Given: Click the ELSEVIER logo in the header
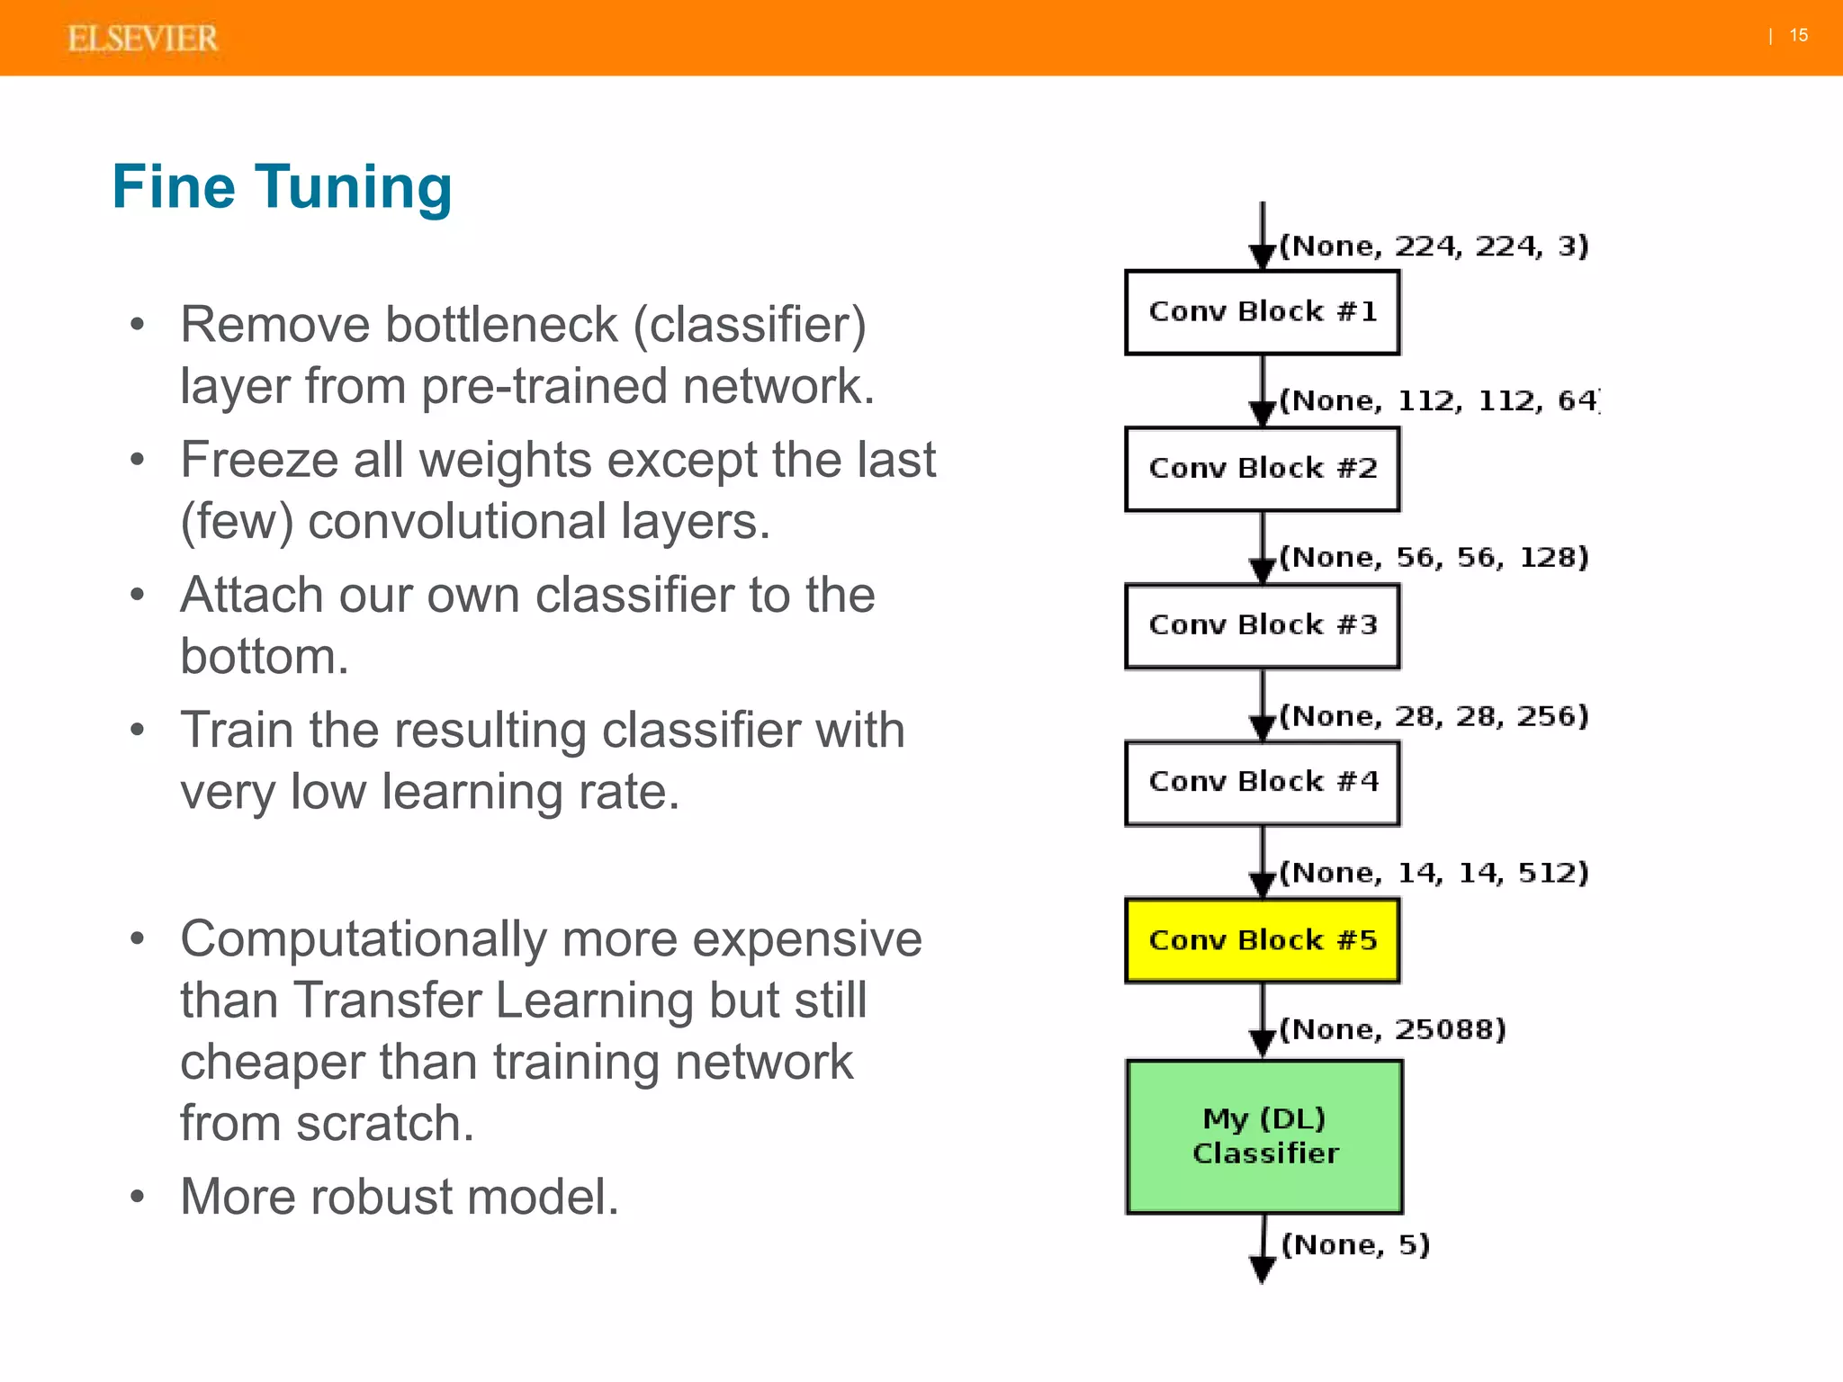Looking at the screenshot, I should pos(142,39).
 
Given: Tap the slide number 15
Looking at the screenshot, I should pos(1798,35).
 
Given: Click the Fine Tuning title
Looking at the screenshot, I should pos(282,187).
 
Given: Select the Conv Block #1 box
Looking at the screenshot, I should pos(1262,312).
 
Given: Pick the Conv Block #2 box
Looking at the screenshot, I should pos(1262,469).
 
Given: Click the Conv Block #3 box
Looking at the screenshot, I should pos(1262,625).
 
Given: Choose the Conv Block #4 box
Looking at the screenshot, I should pos(1262,782).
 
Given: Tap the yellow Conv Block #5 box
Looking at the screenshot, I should pos(1262,940).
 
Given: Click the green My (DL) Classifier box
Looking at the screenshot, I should pos(1264,1136).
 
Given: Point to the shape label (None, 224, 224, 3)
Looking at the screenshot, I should pos(1434,246).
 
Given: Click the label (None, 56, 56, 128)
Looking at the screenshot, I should pos(1434,557).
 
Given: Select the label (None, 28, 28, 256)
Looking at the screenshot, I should pos(1434,716).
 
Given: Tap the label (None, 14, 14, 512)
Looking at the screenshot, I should pos(1434,873).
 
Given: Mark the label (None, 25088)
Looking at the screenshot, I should pos(1392,1029).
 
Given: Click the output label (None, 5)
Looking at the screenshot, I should pos(1355,1245).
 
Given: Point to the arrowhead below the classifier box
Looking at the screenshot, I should pos(1263,1270).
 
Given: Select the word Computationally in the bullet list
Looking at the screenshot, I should pos(364,939).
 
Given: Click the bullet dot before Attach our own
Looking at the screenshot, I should pos(137,595).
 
